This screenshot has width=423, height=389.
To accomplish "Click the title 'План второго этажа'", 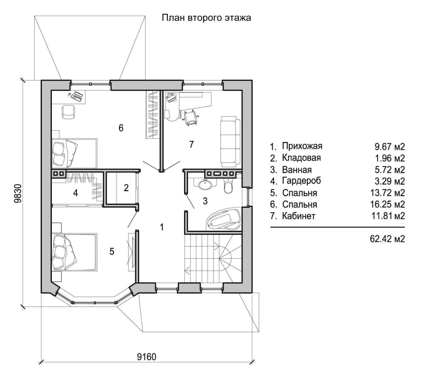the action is pos(207,18).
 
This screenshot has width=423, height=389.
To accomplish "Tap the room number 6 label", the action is pos(121,128).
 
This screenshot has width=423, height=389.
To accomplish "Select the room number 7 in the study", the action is pos(191,145).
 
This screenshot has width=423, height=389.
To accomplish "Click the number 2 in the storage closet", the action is pos(126,188).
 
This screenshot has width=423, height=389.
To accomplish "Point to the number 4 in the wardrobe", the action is pos(76,193).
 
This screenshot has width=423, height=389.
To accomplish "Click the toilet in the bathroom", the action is pos(228,186).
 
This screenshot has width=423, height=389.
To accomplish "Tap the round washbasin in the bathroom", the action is pos(206,184).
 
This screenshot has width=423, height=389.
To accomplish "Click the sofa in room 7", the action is pos(230,142).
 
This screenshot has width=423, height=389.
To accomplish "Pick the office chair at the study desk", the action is pos(191,118).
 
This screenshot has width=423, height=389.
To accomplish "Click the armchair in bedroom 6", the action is pos(68,112).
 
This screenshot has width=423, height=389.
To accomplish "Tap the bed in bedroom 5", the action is pos(74,252).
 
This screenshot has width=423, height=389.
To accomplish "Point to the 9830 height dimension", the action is pos(18,194).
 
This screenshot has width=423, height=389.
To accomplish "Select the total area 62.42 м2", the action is pos(387,239).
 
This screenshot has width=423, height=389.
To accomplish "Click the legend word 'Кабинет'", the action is pos(299,216).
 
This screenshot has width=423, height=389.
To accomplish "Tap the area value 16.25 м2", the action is pos(387,205).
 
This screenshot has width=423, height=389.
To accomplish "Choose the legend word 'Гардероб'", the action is pos(301,181).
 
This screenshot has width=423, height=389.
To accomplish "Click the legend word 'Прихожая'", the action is pos(302,146).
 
